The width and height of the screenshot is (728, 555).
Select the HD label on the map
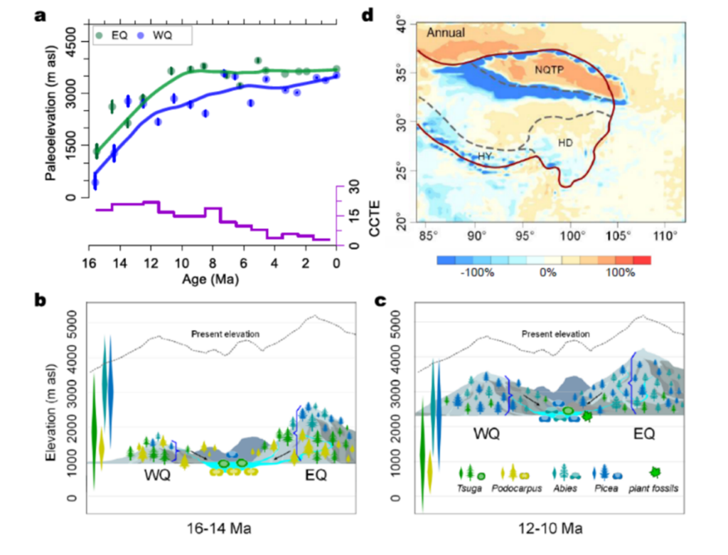tap(565, 143)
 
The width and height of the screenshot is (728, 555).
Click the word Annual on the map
tap(446, 32)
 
